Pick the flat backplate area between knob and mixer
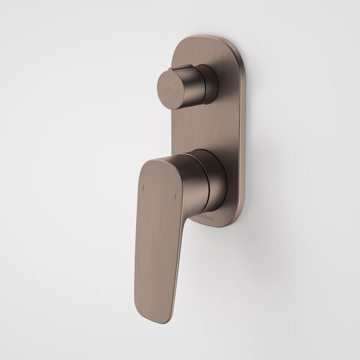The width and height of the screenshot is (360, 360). [x=198, y=126]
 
